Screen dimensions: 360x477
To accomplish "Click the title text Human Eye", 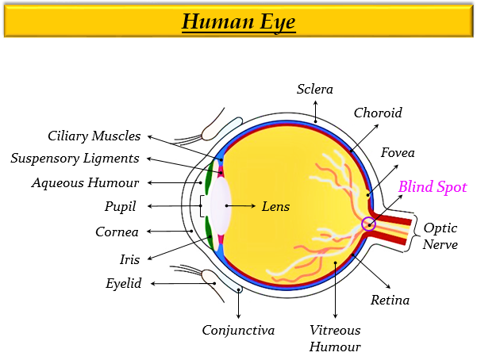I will [238, 21].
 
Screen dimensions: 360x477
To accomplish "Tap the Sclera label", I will [315, 89].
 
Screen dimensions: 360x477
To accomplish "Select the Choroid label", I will [378, 113].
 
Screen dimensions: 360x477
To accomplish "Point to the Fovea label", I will [398, 151].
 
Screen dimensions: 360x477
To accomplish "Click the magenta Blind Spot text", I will [433, 187].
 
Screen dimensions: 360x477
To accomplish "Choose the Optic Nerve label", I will [440, 236].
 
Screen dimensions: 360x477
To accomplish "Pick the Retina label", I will [390, 300].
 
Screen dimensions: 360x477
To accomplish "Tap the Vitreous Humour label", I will [335, 338].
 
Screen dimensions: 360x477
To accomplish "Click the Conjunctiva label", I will [238, 330].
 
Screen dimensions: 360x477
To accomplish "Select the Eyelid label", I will [123, 283].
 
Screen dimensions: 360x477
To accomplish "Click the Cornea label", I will [117, 232].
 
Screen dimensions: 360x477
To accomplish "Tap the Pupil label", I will [121, 206].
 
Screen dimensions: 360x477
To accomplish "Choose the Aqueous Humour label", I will [85, 182].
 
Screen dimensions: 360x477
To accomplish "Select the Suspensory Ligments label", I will [75, 158].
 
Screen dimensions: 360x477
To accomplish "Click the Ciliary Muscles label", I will [94, 136].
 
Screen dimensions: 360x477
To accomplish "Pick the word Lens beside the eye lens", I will [275, 206].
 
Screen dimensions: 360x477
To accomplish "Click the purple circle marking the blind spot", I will [368, 224].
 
